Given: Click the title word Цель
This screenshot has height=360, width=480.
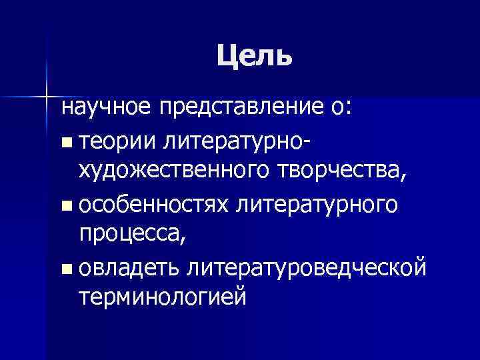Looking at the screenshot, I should point(254,57).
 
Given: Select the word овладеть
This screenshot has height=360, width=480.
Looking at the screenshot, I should point(131,268).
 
